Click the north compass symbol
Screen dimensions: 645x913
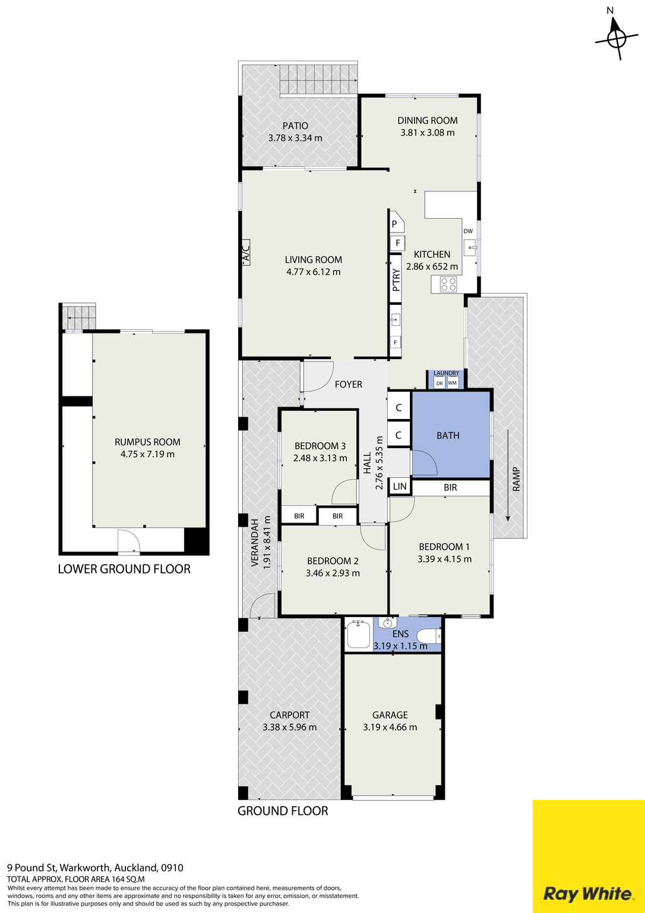pos(616,39)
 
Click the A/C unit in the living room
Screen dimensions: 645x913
pos(245,253)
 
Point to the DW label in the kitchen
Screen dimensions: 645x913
pos(468,231)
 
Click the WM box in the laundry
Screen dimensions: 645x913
pos(453,383)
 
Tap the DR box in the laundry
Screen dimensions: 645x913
pos(440,383)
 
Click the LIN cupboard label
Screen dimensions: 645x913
pos(400,486)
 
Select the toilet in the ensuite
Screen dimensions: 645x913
pos(429,635)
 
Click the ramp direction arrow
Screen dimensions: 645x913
pos(508,476)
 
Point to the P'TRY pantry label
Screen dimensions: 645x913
pos(396,279)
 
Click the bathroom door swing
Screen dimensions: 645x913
pos(425,462)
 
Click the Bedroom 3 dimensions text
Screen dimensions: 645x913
pos(320,458)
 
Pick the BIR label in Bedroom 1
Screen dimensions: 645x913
pos(450,487)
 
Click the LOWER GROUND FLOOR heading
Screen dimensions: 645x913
pos(124,569)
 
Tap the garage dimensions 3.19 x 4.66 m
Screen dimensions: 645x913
pos(390,727)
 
